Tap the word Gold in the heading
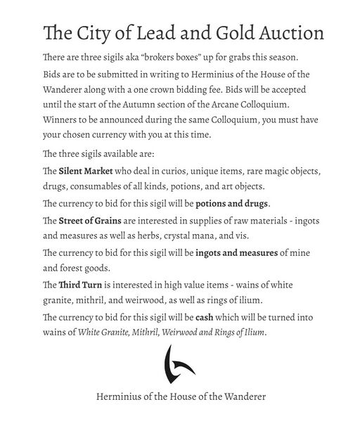coord(207,33)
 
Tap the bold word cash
coord(205,317)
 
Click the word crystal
coord(212,236)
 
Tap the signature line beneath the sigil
coord(181,396)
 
